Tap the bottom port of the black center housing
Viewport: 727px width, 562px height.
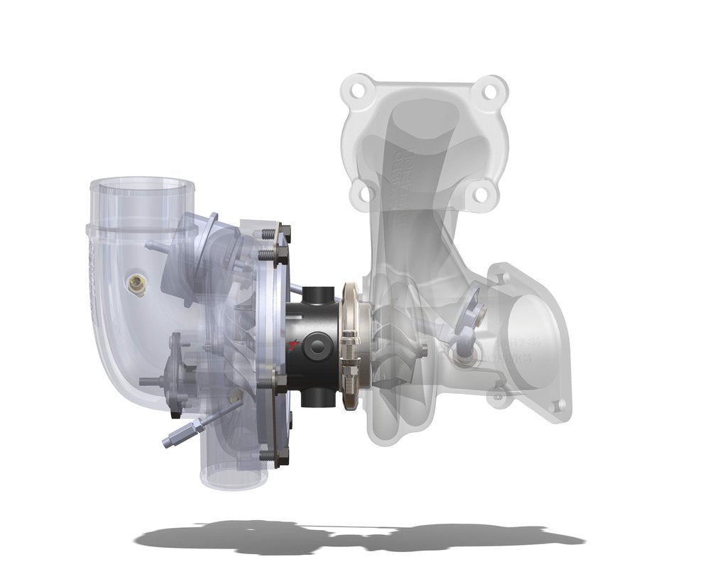click(316, 398)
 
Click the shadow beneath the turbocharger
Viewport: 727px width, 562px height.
click(355, 536)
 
